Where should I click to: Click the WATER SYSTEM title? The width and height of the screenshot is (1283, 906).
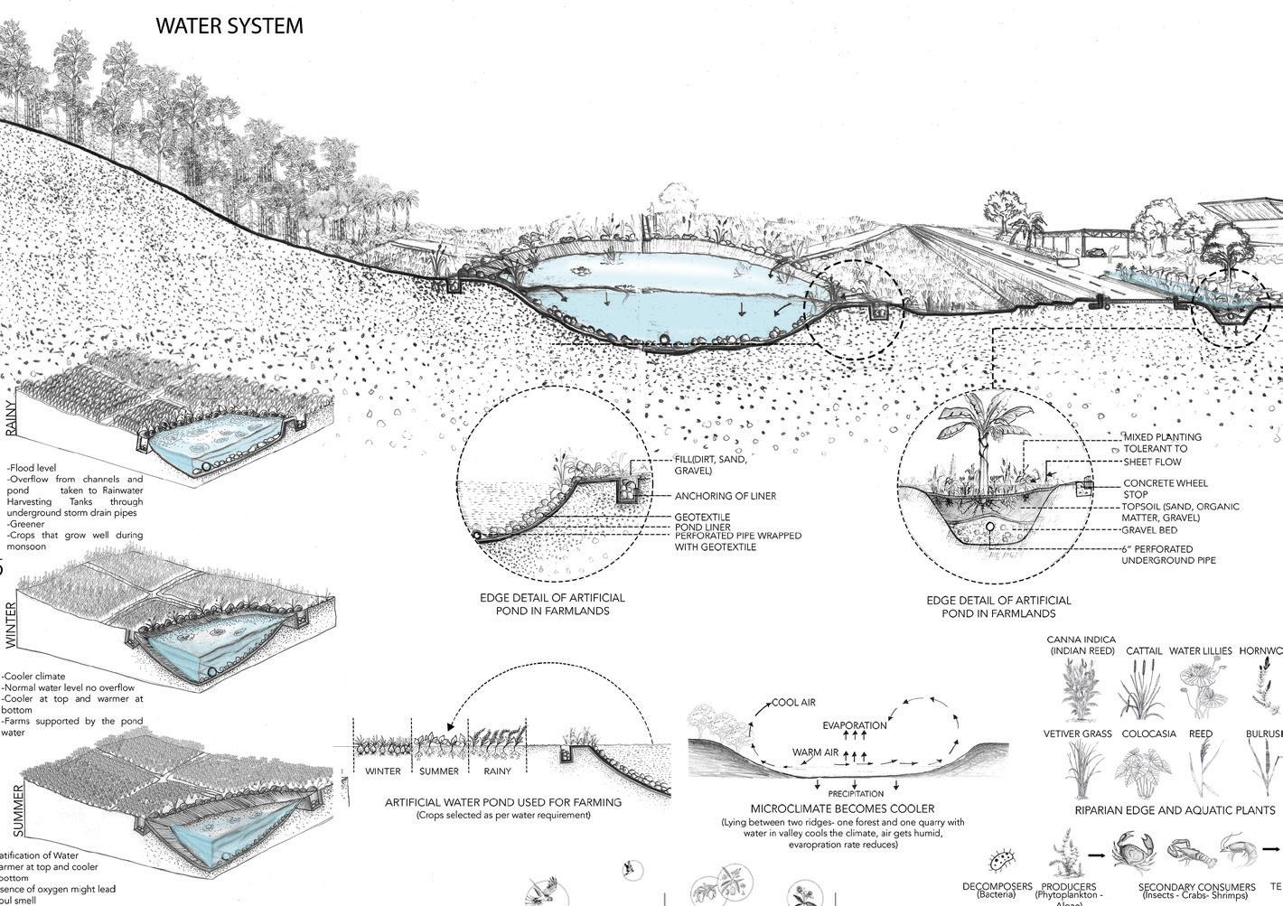pyautogui.click(x=229, y=26)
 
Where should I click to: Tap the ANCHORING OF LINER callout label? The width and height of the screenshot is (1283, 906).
pyautogui.click(x=725, y=496)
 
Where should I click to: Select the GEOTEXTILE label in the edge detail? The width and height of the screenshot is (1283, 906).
pyautogui.click(x=702, y=517)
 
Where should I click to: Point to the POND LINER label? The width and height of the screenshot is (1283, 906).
pyautogui.click(x=702, y=527)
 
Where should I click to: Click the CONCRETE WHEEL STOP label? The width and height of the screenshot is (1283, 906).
pyautogui.click(x=1165, y=489)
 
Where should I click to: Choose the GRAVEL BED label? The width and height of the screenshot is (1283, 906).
pyautogui.click(x=1149, y=530)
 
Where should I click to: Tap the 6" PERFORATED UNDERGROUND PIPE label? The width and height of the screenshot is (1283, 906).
pyautogui.click(x=1168, y=554)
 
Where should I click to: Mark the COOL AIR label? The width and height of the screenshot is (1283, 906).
pyautogui.click(x=794, y=703)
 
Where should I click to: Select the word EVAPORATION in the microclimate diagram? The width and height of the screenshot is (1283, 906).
pyautogui.click(x=855, y=725)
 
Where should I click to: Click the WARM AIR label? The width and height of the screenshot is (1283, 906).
pyautogui.click(x=814, y=752)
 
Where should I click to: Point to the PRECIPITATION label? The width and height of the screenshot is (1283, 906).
pyautogui.click(x=856, y=794)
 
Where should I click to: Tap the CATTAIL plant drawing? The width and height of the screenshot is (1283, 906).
pyautogui.click(x=1142, y=690)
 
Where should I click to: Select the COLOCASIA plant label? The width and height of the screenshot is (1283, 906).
pyautogui.click(x=1149, y=733)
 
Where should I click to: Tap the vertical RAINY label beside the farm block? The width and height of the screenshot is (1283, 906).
pyautogui.click(x=11, y=416)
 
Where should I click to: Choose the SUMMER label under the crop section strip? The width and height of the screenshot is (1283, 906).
pyautogui.click(x=439, y=771)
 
